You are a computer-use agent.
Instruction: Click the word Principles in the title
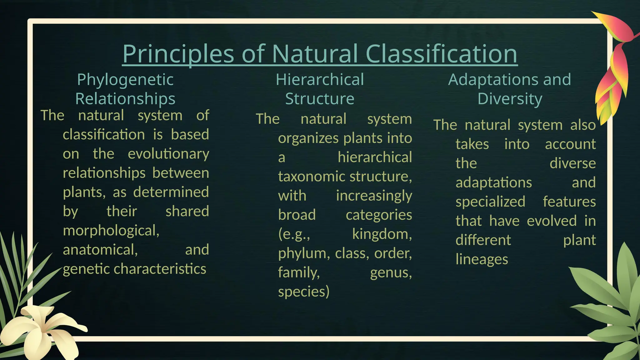click(x=178, y=54)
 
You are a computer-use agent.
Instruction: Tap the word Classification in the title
click(x=441, y=54)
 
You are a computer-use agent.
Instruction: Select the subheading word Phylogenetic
click(x=125, y=80)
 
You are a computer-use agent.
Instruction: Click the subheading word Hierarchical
click(x=320, y=80)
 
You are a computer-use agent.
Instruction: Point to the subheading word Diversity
click(x=510, y=99)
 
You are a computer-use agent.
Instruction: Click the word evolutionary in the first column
click(x=168, y=154)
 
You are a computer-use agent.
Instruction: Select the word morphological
click(x=111, y=231)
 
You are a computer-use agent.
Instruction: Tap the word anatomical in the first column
click(x=100, y=250)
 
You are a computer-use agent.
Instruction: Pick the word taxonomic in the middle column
click(x=312, y=177)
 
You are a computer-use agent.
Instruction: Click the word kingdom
click(x=382, y=234)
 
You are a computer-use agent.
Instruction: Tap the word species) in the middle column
click(x=304, y=292)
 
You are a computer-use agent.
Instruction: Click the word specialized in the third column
click(x=490, y=202)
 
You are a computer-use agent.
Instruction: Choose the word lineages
click(x=482, y=259)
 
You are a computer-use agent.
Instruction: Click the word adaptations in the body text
click(x=493, y=182)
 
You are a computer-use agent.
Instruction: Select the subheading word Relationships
click(x=125, y=99)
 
